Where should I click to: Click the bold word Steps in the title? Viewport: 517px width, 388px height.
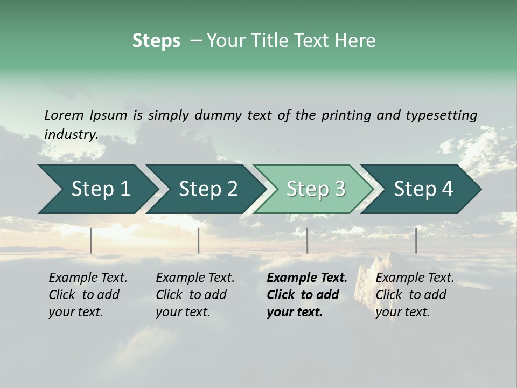pos(156,41)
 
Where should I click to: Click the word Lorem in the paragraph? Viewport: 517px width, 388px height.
pos(64,115)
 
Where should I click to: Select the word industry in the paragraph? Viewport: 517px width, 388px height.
pos(71,134)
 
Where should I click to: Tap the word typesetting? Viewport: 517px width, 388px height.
pos(441,115)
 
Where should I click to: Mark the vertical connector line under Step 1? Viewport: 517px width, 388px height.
pos(91,240)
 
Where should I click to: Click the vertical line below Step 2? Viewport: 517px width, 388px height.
pos(199,240)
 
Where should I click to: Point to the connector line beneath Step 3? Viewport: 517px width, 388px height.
pos(307,240)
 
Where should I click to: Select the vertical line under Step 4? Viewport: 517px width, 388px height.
pos(416,240)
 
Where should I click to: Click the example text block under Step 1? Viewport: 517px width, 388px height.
pos(88,295)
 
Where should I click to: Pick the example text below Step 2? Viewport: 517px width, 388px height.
pos(195,295)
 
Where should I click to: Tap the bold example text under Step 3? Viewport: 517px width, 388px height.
pos(306,295)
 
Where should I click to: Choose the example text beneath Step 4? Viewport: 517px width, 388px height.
pos(415,295)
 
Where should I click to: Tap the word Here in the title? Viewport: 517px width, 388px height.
pos(358,41)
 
